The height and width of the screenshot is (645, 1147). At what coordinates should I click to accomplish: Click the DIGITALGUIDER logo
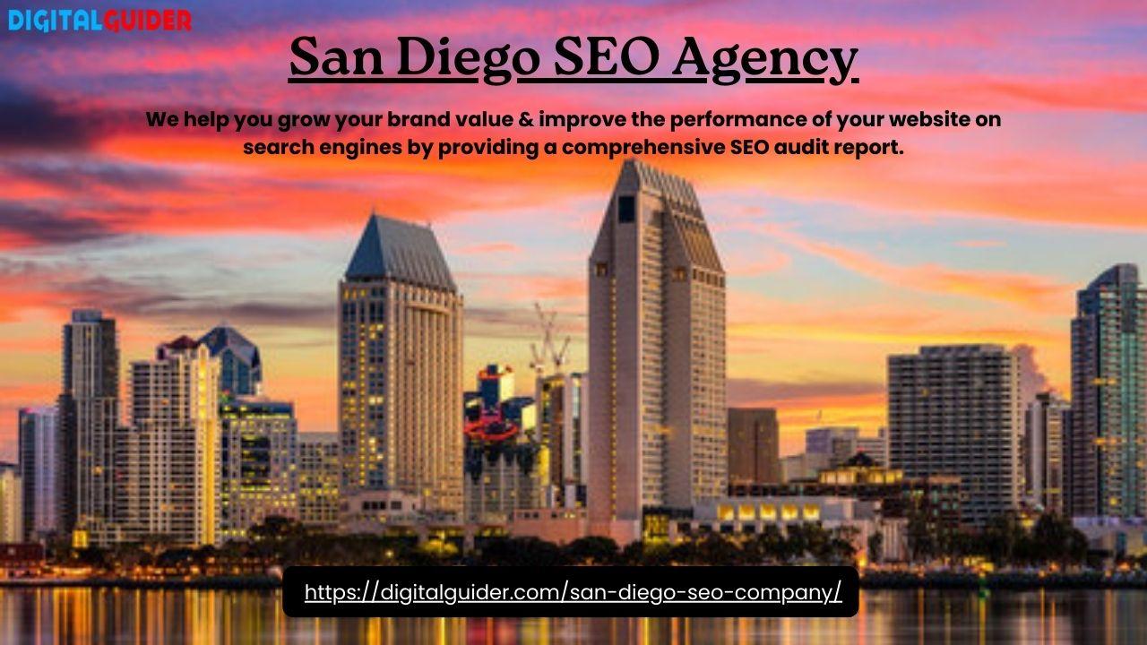(x=99, y=21)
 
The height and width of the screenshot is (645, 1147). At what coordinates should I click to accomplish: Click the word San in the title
(x=336, y=56)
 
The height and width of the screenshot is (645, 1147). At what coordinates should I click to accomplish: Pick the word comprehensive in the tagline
(x=643, y=148)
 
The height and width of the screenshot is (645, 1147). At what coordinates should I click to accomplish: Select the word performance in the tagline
(x=737, y=120)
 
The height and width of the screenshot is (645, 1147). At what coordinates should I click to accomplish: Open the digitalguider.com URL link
(x=573, y=592)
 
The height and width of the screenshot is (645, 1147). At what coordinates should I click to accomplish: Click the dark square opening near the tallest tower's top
(x=626, y=209)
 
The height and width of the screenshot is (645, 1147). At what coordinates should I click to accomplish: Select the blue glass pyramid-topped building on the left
(x=233, y=358)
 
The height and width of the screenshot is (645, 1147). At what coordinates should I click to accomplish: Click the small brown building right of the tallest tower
(x=754, y=445)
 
